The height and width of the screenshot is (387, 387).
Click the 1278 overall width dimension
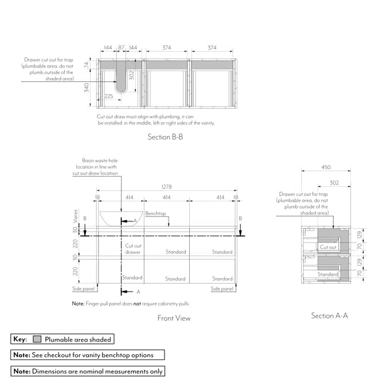point(166,186)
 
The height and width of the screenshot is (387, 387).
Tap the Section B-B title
point(165,136)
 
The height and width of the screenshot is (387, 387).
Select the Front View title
point(174,318)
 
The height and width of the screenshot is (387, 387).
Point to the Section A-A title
point(330,315)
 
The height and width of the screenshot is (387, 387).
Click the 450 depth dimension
point(326,167)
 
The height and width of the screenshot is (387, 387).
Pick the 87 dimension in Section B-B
point(121,48)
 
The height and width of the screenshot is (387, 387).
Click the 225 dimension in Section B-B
point(108,96)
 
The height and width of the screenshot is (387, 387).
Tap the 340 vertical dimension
point(87,87)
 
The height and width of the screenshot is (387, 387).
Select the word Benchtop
point(155,213)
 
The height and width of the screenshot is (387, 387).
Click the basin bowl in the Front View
point(121,218)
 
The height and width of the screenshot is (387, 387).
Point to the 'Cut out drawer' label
point(133,249)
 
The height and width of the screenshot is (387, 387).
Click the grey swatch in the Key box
point(37,339)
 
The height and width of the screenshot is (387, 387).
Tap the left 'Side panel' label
point(84,288)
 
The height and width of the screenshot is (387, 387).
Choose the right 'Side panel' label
point(222,288)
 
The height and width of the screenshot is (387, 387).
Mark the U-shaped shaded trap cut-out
point(121,77)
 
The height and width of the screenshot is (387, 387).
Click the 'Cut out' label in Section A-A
point(328,247)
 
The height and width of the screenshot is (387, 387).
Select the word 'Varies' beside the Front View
point(76,216)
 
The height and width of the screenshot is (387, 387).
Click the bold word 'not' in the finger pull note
point(137,303)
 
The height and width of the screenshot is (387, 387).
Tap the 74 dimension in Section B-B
point(86,65)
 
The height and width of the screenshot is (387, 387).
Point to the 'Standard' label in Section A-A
point(328,274)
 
